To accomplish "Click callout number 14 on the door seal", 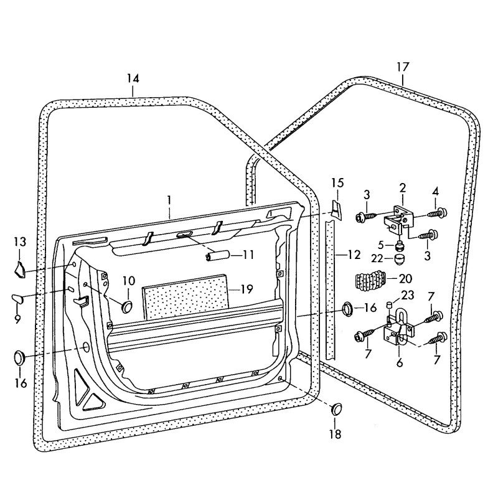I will pos(133,78).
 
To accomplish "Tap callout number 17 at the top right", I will pos(403,66).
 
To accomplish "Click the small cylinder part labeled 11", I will pos(215,255).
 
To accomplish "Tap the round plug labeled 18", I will pos(337,408).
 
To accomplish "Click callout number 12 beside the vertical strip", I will pos(354,254).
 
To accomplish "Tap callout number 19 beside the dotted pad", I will pos(247,289).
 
